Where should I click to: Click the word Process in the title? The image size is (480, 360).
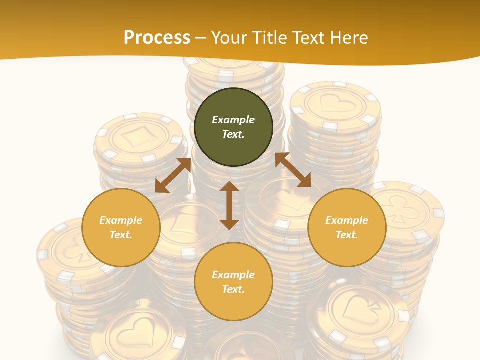[x=157, y=37]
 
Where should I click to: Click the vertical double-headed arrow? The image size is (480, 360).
[x=229, y=205]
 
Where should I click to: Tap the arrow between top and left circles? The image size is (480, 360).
[x=173, y=175]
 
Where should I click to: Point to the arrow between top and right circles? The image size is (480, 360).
[x=293, y=170]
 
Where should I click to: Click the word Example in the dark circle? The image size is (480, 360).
[x=233, y=120]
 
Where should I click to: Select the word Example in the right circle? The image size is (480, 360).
[x=347, y=220]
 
